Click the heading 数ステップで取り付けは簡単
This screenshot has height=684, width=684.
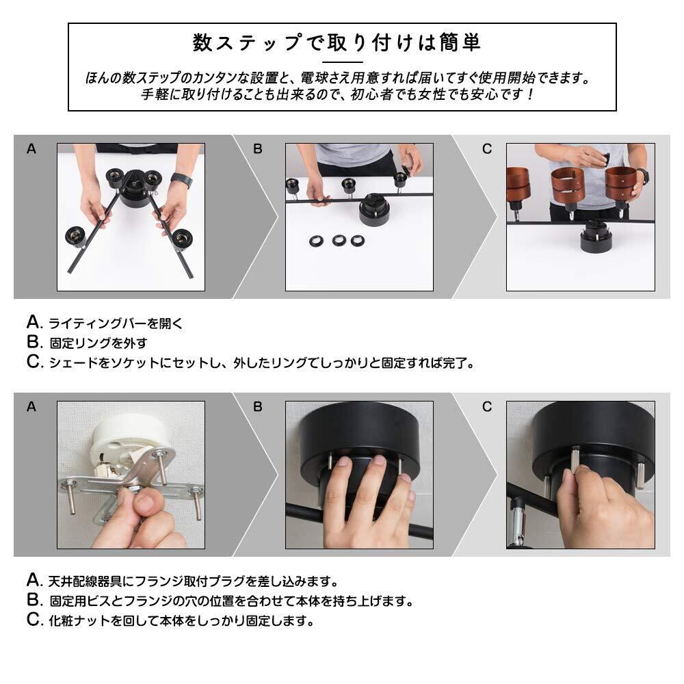(337, 42)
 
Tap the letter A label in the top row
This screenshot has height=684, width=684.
(31, 149)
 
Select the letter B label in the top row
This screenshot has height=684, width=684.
(258, 149)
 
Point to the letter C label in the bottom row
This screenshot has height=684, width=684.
(487, 407)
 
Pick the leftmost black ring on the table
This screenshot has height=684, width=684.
(316, 241)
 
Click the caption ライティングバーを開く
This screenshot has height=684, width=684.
(116, 324)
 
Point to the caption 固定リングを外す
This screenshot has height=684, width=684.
(98, 343)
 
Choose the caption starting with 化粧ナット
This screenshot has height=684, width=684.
(181, 621)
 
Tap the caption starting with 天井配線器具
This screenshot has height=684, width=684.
(194, 581)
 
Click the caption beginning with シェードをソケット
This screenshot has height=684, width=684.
(262, 363)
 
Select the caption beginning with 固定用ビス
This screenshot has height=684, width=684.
(231, 601)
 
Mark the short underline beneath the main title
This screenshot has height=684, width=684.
(343, 62)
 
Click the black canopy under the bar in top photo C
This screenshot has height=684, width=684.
(596, 239)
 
